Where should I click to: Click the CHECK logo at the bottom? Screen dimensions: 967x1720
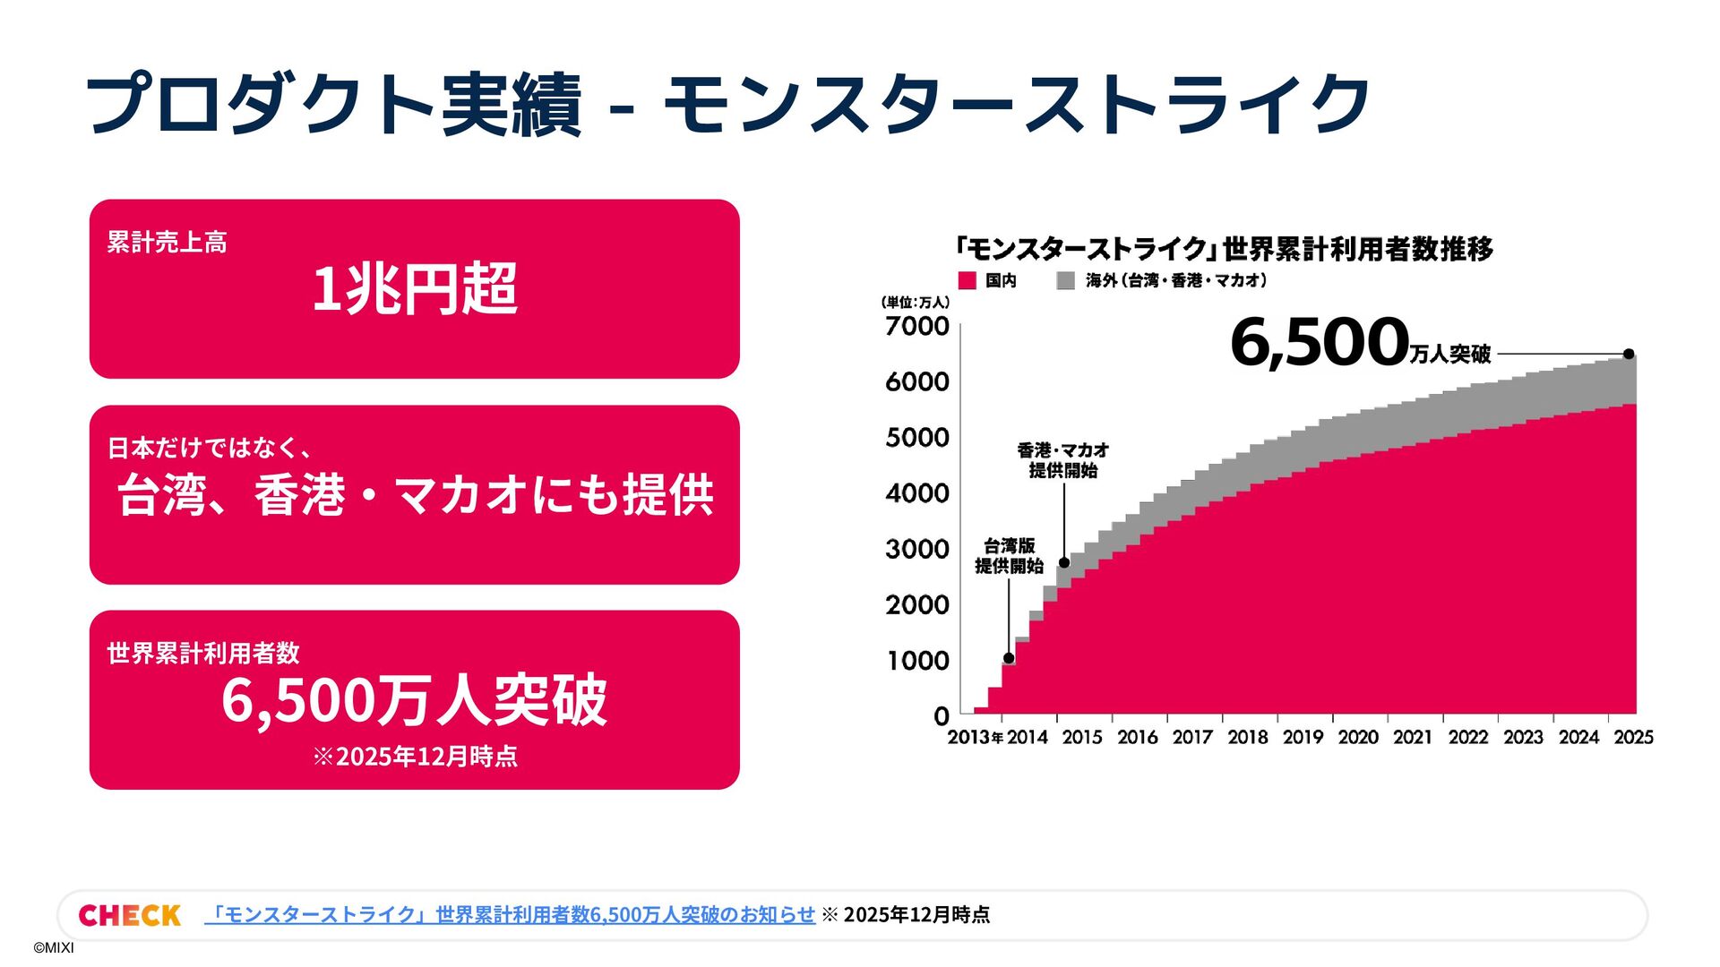(129, 915)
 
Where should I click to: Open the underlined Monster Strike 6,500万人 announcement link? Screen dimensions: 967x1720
(510, 914)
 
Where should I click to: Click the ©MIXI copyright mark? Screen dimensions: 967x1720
(54, 948)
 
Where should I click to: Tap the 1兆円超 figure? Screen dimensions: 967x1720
(414, 289)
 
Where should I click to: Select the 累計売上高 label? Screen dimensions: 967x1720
(167, 242)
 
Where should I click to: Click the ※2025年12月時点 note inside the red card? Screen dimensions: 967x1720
(415, 757)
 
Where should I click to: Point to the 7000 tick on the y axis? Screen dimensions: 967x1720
(917, 326)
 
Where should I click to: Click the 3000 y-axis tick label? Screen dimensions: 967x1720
(917, 549)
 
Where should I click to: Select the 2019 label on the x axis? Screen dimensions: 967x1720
(1303, 737)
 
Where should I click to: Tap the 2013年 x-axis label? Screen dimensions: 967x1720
(975, 737)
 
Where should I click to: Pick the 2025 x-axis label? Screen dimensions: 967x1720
(1633, 737)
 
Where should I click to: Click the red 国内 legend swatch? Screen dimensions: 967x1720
(967, 280)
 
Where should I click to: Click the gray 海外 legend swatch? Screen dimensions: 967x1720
(1065, 280)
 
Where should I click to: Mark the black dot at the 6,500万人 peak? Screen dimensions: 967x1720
(1629, 354)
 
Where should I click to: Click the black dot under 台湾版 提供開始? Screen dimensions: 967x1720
(1009, 658)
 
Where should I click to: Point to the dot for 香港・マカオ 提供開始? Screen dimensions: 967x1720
(1064, 562)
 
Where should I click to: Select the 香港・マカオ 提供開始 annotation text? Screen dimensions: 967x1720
(1063, 459)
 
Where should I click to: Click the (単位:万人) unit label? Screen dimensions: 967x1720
(915, 303)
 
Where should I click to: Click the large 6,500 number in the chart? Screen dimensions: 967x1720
(1320, 343)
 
